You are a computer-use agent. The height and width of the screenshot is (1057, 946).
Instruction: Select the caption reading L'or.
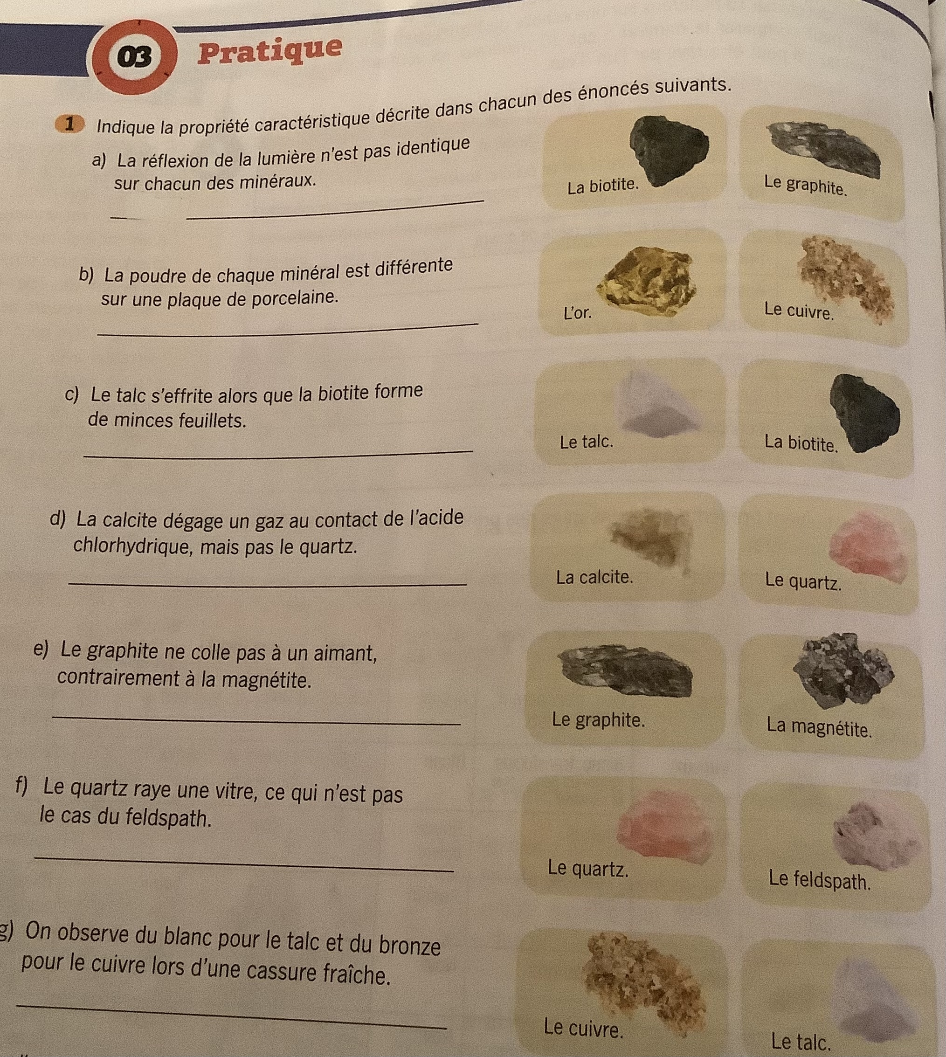(x=578, y=313)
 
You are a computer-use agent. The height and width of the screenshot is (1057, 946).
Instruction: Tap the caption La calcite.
(x=594, y=577)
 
